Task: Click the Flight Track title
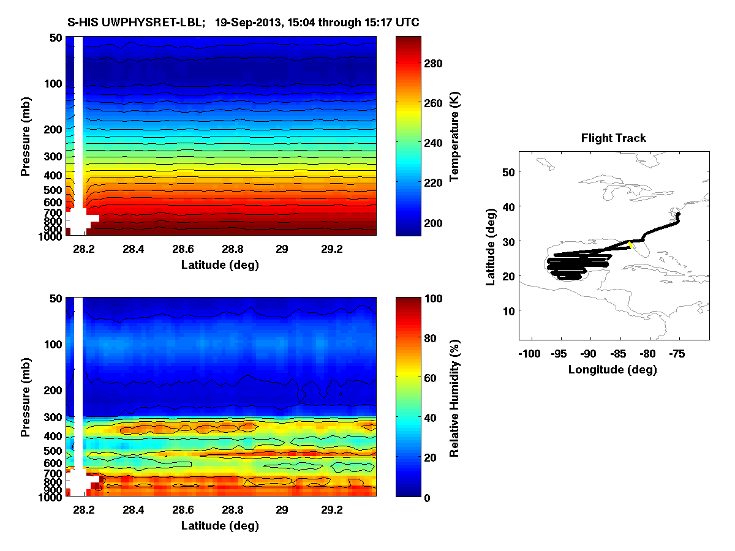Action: [x=613, y=138]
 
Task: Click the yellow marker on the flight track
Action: [x=630, y=245]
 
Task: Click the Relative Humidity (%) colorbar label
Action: [x=454, y=398]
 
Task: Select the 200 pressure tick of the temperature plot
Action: [x=53, y=129]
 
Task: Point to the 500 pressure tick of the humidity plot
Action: [x=53, y=451]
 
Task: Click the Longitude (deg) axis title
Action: [x=612, y=370]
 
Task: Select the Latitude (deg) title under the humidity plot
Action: [x=220, y=526]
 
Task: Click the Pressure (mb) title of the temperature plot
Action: [x=26, y=137]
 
